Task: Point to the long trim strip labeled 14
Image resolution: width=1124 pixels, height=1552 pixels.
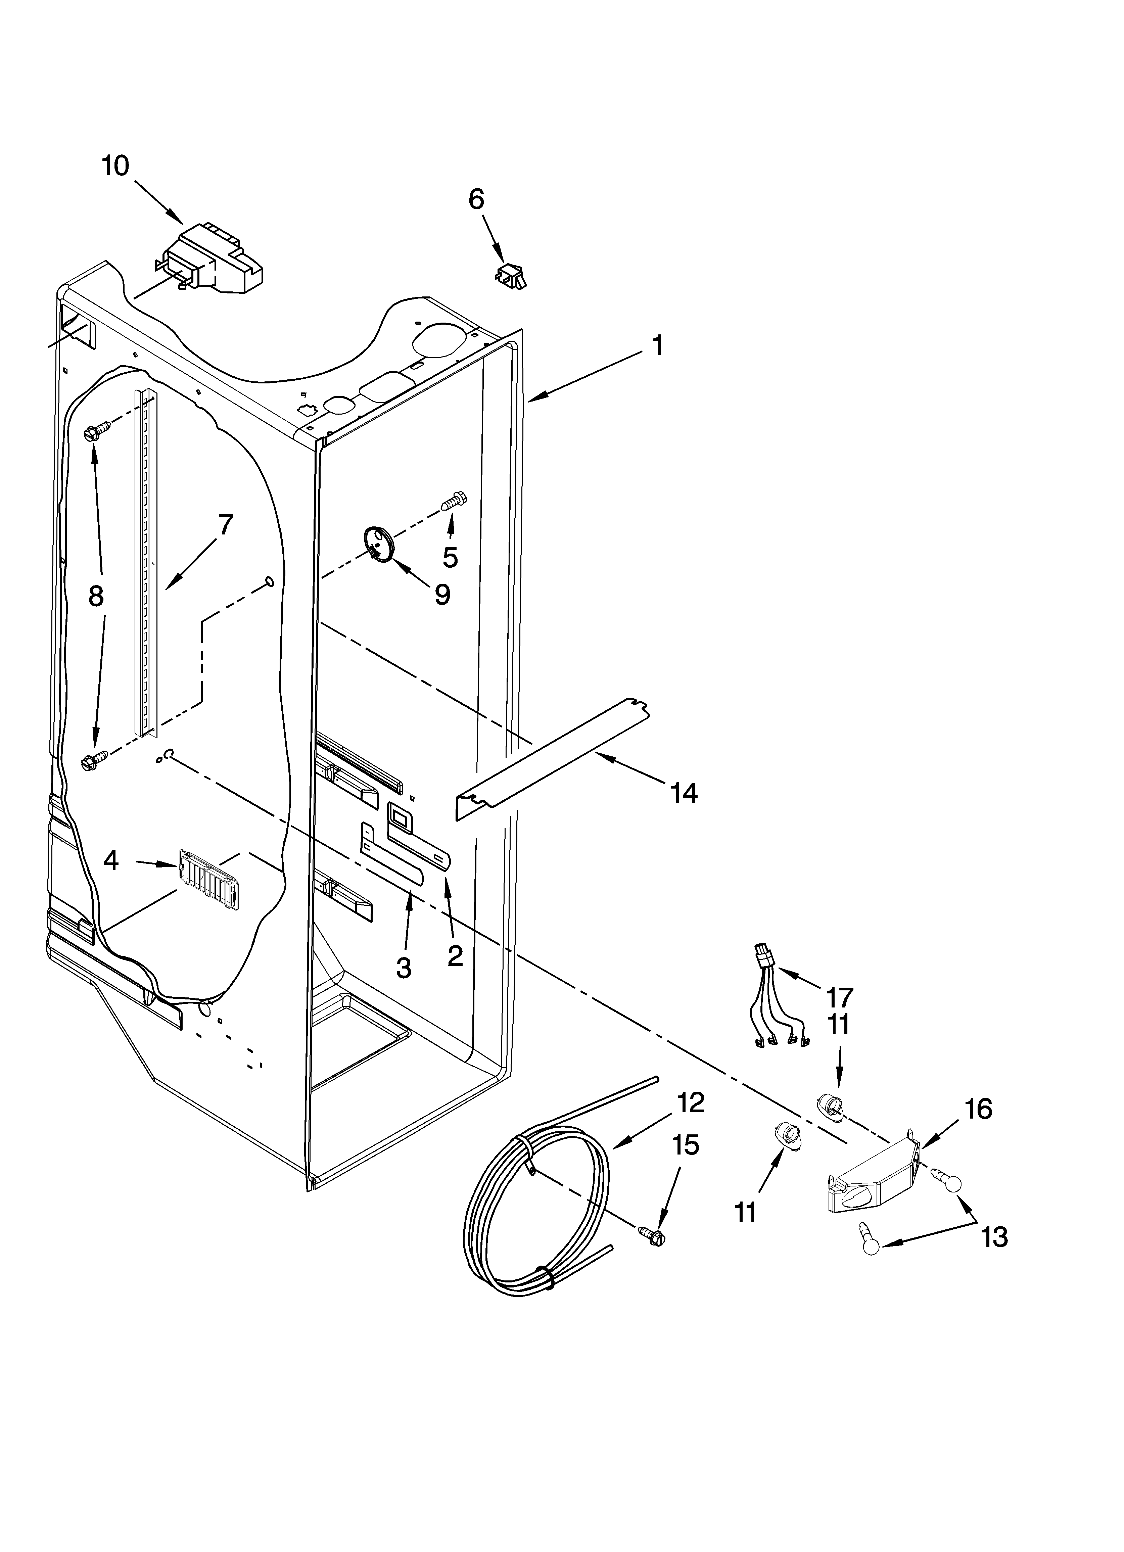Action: [555, 760]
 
